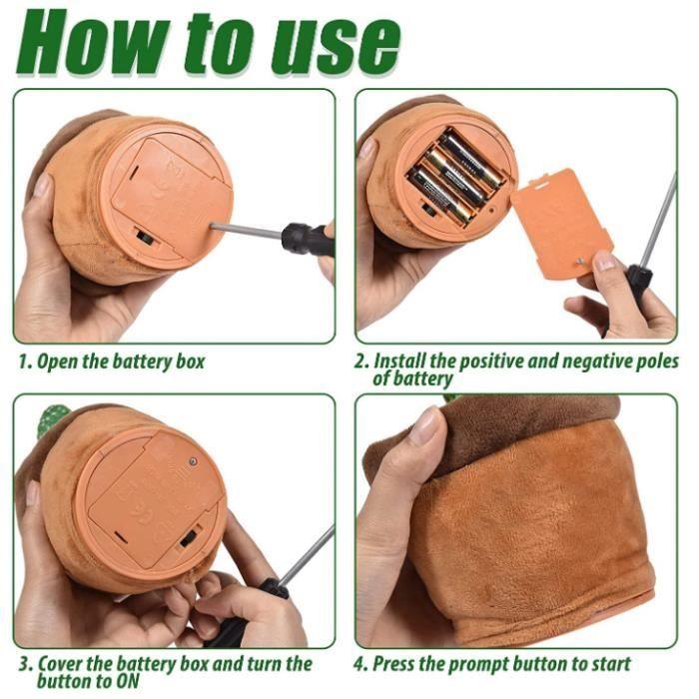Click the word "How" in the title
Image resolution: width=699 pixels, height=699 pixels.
92,42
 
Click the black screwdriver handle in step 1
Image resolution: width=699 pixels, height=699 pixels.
309,237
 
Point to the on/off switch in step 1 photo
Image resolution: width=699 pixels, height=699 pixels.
146,238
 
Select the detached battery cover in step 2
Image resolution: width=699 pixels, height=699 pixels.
561,224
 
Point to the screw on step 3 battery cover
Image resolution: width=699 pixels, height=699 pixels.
193,461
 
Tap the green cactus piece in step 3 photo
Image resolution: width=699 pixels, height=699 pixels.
52,419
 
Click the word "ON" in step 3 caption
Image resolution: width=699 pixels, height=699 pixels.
128,682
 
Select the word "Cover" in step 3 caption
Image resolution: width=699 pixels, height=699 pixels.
60,664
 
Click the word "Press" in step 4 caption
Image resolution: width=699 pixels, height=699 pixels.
394,664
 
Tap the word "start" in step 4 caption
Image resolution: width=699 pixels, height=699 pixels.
611,664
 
